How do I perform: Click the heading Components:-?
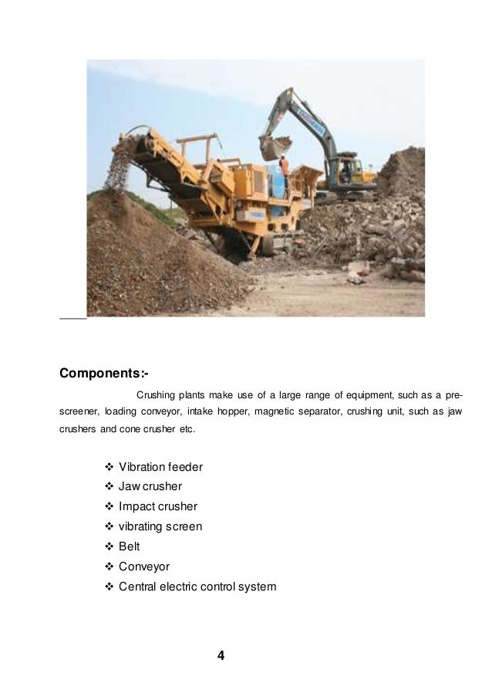click(104, 374)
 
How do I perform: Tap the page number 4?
click(221, 657)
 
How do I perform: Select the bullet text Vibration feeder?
click(160, 467)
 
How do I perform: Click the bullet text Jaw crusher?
click(150, 487)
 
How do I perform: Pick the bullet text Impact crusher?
click(158, 507)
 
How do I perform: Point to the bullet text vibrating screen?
click(160, 526)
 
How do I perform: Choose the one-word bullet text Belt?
click(130, 546)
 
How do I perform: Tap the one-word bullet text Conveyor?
click(143, 567)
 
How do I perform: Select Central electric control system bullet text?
click(197, 587)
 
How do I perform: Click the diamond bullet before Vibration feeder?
click(107, 467)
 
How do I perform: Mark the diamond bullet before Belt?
click(107, 546)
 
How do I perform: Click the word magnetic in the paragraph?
click(278, 411)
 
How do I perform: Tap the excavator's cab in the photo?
click(345, 167)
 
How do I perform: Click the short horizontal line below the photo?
click(72, 317)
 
